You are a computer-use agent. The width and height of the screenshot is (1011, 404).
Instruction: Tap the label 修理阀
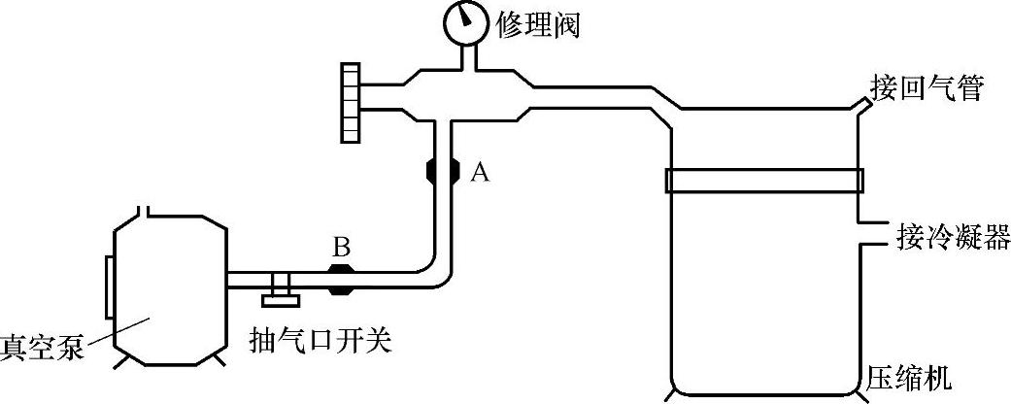[x=537, y=24]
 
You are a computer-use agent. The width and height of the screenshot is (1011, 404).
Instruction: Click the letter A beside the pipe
[x=478, y=173]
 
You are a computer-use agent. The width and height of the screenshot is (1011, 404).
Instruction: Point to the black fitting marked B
[x=341, y=280]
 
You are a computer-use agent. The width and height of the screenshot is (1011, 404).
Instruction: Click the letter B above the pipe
[x=341, y=249]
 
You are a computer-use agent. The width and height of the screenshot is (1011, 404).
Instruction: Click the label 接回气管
[x=927, y=89]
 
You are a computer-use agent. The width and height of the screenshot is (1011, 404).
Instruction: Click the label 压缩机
[x=909, y=377]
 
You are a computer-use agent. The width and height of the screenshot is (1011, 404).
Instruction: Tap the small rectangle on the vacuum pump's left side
[x=109, y=282]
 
